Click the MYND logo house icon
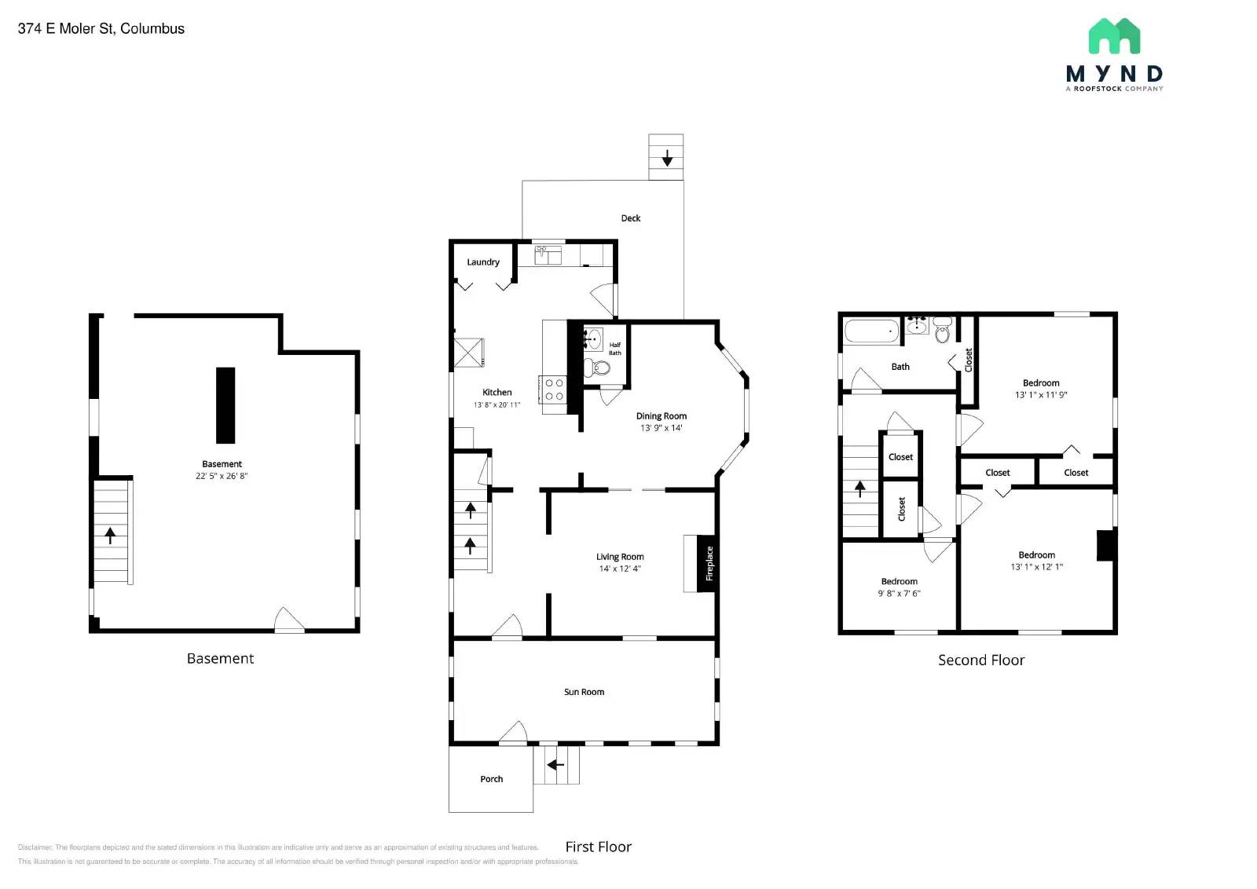click(1114, 36)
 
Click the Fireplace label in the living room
click(709, 563)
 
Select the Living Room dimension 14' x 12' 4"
click(620, 569)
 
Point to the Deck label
click(631, 218)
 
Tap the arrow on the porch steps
click(556, 765)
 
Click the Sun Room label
click(584, 692)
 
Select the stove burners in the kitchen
click(553, 390)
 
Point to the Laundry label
click(483, 262)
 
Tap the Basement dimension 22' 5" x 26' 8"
click(222, 476)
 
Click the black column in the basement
click(225, 405)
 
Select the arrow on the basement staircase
click(111, 536)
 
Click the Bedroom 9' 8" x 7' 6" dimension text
click(899, 594)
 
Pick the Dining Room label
click(661, 416)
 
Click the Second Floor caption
click(981, 660)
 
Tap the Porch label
click(492, 779)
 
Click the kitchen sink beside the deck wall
click(548, 254)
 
